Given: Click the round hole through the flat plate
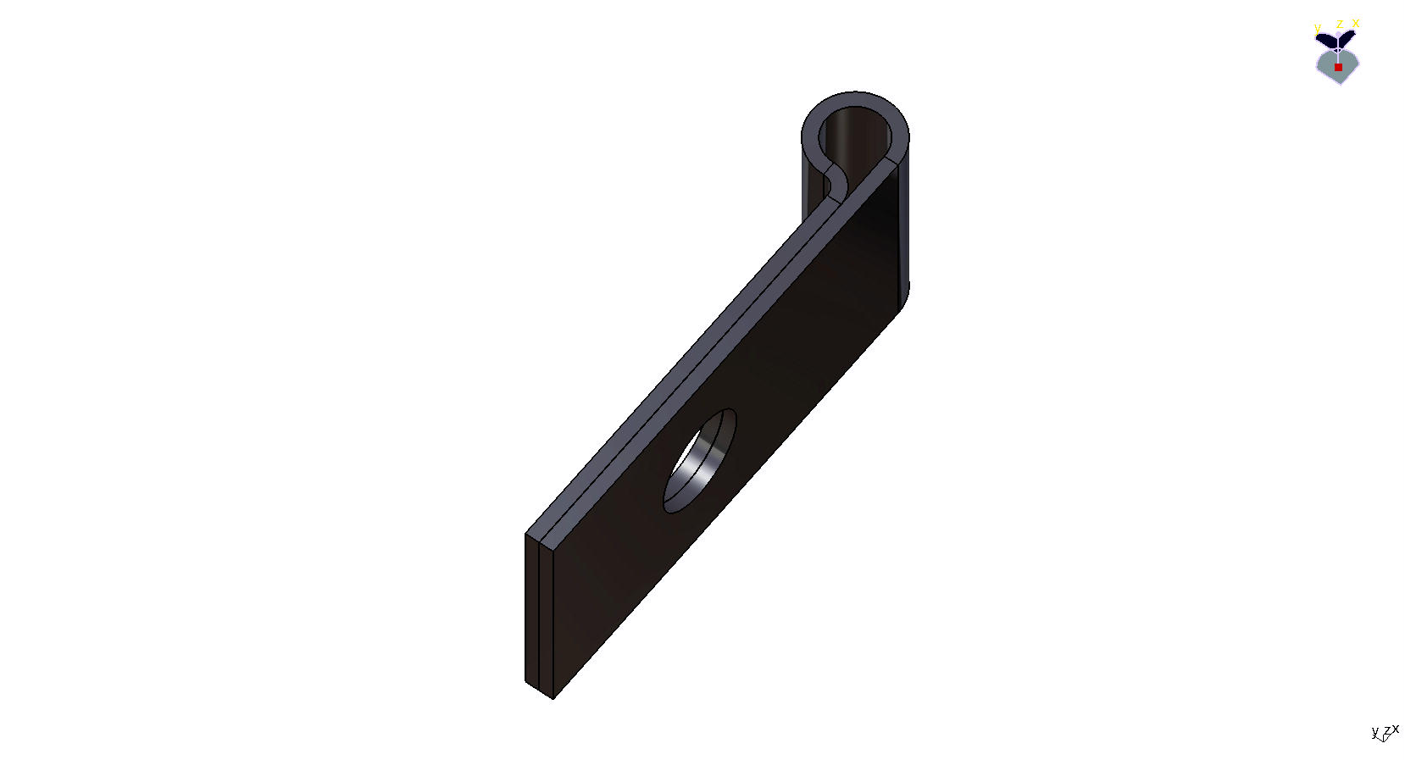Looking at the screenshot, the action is pyautogui.click(x=699, y=461).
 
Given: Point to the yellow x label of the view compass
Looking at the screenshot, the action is pyautogui.click(x=1356, y=23).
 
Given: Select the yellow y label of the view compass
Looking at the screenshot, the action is pyautogui.click(x=1317, y=28).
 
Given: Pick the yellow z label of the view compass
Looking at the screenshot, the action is pyautogui.click(x=1339, y=24).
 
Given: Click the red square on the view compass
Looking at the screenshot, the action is pyautogui.click(x=1338, y=67).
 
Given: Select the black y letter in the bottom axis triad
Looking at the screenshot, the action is pyautogui.click(x=1374, y=732).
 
